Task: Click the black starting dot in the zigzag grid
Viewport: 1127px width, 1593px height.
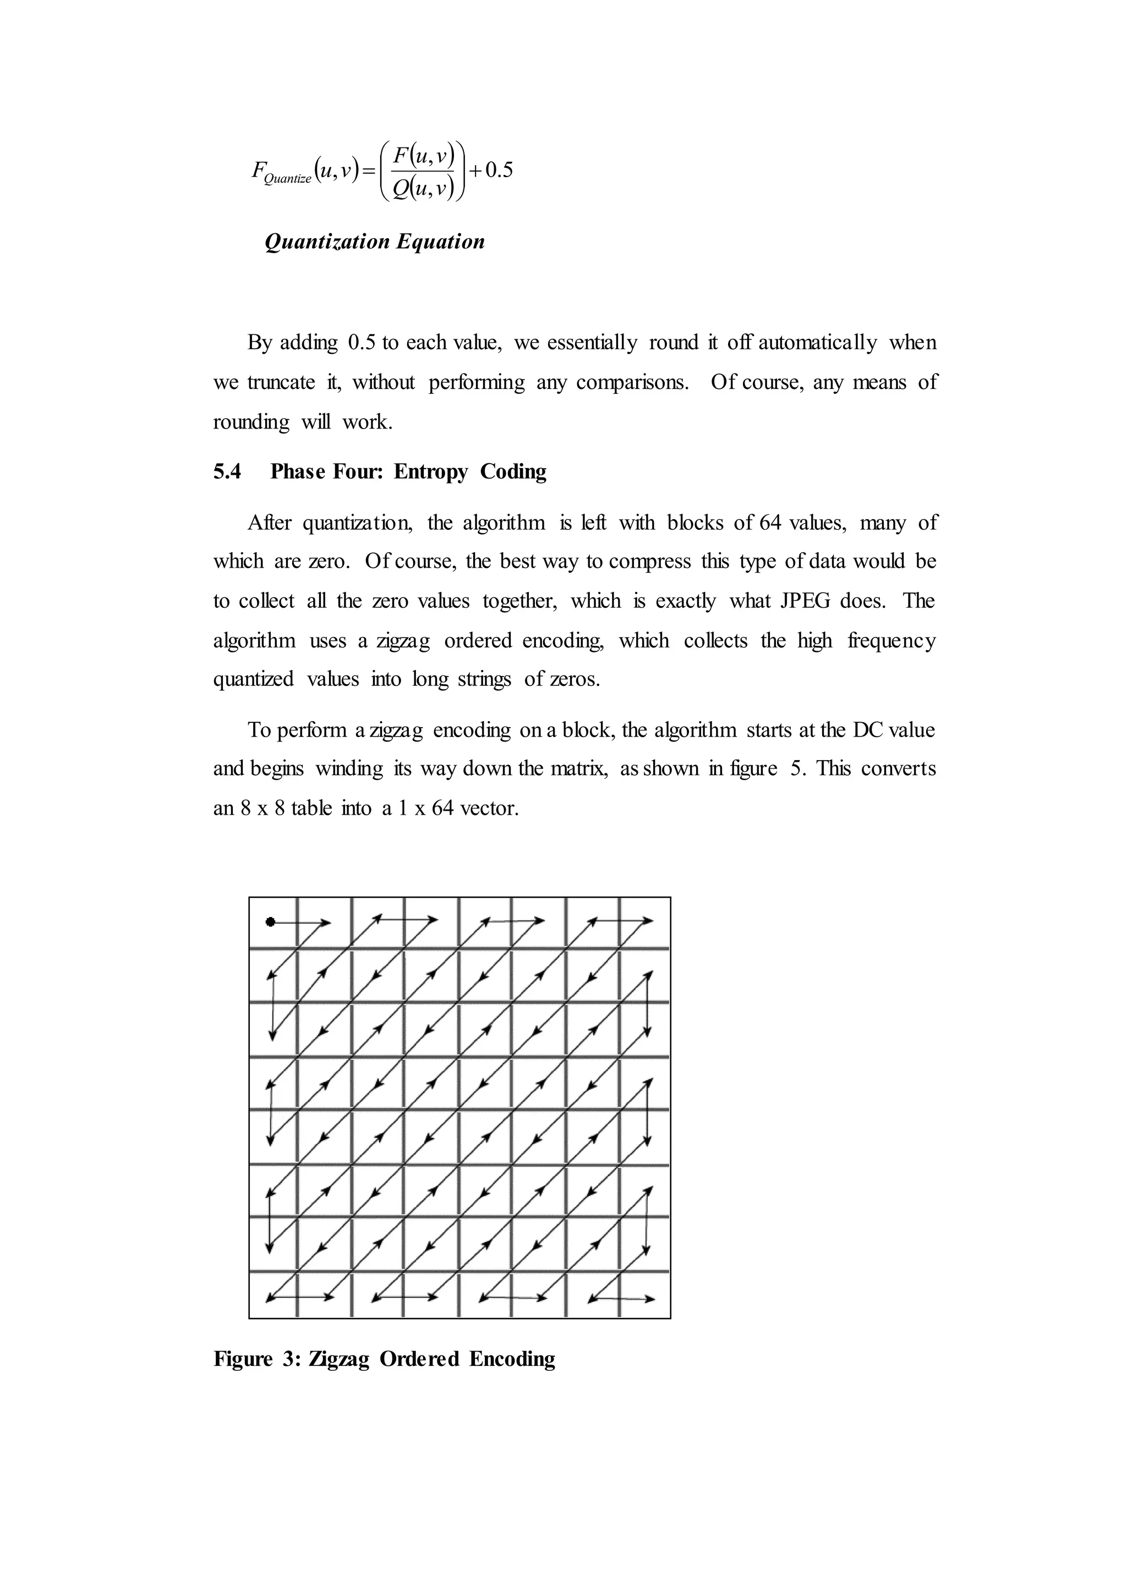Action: [271, 921]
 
